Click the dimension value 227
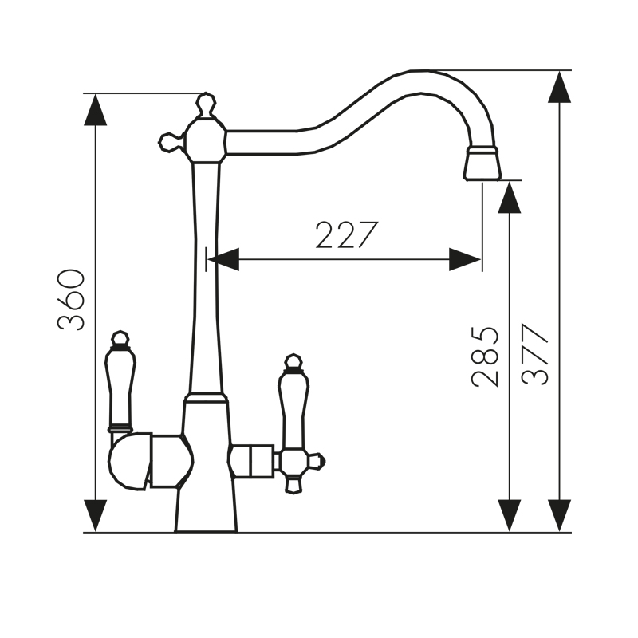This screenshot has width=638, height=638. click(x=345, y=235)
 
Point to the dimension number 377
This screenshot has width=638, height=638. click(x=536, y=355)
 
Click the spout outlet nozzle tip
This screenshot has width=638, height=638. click(x=482, y=164)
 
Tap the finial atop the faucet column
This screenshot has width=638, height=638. click(x=206, y=104)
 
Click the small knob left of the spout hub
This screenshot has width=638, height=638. click(x=169, y=142)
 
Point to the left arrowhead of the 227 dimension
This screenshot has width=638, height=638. click(x=223, y=259)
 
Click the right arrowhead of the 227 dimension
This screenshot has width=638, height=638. click(x=465, y=259)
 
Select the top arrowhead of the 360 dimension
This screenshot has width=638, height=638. click(x=95, y=109)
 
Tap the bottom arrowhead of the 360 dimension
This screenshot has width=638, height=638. click(x=95, y=515)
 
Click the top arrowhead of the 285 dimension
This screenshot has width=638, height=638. click(x=509, y=197)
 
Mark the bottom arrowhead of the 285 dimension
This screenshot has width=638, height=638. click(x=509, y=515)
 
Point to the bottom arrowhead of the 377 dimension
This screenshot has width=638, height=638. click(x=559, y=515)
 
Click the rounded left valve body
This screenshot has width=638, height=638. click(x=129, y=461)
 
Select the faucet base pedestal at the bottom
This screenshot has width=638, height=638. click(x=207, y=510)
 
